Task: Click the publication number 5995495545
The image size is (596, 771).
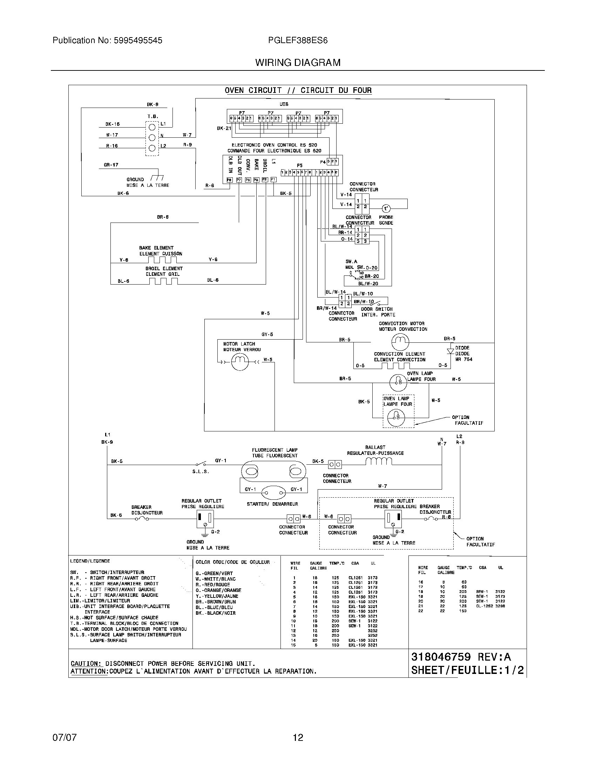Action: (138, 41)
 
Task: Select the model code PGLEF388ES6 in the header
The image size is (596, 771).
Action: (298, 41)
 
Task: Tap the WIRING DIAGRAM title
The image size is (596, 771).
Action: (298, 62)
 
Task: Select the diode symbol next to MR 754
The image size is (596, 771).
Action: (450, 351)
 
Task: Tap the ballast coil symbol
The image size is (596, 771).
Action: (379, 461)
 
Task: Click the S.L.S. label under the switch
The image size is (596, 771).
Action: (201, 472)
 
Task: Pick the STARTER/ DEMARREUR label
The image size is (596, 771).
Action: (272, 504)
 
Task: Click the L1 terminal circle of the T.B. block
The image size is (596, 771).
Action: (152, 127)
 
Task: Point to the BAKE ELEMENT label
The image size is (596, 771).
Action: (156, 248)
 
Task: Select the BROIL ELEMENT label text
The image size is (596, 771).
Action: (164, 268)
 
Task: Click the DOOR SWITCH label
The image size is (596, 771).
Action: (377, 309)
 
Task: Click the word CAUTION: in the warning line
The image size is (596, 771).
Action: (87, 664)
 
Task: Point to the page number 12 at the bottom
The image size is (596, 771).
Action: (298, 737)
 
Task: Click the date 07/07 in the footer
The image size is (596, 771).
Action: (64, 737)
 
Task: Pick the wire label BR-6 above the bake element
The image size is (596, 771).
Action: (163, 217)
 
